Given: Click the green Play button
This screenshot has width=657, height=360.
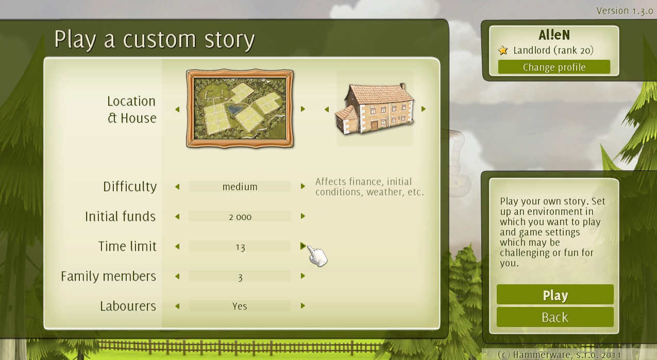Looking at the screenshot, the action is point(555,294).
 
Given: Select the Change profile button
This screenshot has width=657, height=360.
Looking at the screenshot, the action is point(554,67).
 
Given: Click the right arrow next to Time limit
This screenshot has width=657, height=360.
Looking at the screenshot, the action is point(303,246).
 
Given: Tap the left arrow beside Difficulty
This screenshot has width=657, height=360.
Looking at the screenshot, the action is point(177,186).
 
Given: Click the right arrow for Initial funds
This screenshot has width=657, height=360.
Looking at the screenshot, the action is point(303,216).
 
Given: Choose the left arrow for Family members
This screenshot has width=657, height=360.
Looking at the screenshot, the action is point(177,276).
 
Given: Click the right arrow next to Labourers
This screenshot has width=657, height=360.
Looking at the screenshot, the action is point(303,306).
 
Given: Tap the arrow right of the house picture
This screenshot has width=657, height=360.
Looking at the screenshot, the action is point(423,109).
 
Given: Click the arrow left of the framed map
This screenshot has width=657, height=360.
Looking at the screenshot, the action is point(177,109).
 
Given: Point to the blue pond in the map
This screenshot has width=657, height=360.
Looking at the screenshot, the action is point(235,109).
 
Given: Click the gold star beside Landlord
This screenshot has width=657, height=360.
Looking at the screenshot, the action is point(503,50).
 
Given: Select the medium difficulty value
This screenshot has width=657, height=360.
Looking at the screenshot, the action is point(240,187).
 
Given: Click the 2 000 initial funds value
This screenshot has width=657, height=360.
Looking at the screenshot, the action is point(240,217).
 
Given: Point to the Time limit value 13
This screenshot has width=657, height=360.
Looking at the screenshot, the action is point(240,247).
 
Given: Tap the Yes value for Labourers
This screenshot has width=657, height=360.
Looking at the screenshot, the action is point(240,306).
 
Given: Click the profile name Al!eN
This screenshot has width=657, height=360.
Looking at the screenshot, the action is point(554,35).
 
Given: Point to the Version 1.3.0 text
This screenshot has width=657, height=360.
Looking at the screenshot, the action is point(624,11).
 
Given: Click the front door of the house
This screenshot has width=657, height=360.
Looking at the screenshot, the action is point(374,125).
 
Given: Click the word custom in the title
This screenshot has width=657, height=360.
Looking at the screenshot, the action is point(159,40).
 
